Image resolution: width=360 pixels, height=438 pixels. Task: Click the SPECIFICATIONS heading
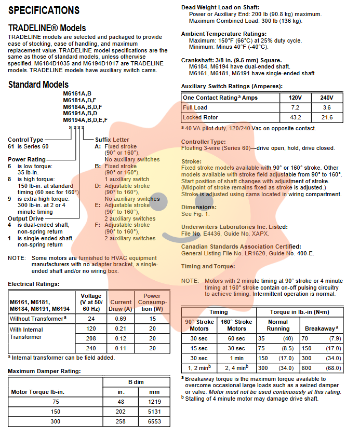click(x=44, y=10)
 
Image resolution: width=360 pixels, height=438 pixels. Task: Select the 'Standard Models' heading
click(x=38, y=85)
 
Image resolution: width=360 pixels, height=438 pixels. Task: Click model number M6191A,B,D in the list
click(x=81, y=113)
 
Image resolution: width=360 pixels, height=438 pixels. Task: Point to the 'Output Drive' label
click(x=26, y=218)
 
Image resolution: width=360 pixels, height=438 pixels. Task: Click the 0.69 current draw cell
click(x=121, y=319)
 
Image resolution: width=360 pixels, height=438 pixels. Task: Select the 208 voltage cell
click(x=91, y=338)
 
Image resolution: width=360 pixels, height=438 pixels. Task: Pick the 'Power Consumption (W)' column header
click(x=152, y=303)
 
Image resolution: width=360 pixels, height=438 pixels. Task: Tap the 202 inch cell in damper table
click(x=120, y=410)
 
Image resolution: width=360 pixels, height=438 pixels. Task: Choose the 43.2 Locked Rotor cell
click(x=295, y=118)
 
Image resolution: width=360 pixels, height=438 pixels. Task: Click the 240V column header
click(x=327, y=98)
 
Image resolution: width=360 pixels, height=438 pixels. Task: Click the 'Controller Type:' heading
click(x=204, y=142)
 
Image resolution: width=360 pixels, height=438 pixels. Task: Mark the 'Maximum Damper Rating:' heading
click(x=44, y=371)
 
